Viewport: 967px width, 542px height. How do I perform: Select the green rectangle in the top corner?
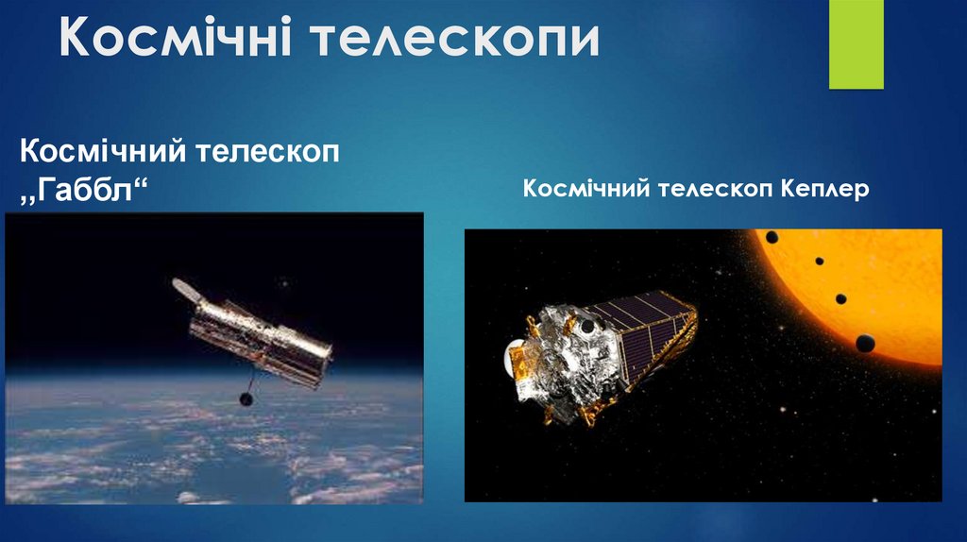pos(856,43)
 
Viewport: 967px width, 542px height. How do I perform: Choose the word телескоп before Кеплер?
pos(715,190)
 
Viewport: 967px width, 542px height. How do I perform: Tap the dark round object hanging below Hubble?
pos(246,399)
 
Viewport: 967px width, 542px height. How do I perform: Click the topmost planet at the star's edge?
pos(772,237)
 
